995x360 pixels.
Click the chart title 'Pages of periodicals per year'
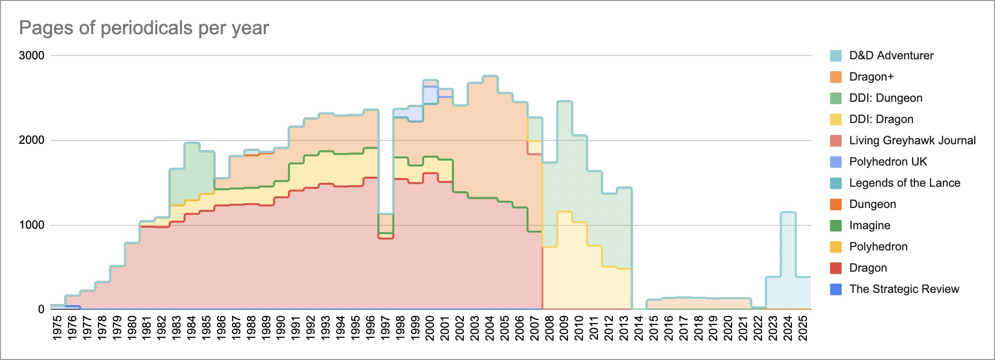tap(144, 28)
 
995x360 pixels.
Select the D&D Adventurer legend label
tap(891, 55)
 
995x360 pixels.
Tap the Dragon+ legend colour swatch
tap(836, 77)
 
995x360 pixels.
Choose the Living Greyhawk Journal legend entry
tap(912, 140)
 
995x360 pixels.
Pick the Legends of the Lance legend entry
tap(904, 183)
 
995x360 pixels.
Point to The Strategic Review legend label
tap(904, 289)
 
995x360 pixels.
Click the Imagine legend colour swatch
tap(836, 225)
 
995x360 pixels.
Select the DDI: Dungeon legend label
tap(885, 98)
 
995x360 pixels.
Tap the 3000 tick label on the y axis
tap(31, 55)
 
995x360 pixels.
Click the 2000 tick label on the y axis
tap(31, 140)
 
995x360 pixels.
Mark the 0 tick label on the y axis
tap(41, 309)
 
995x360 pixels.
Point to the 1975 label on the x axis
tap(57, 328)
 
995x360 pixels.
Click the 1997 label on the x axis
tap(386, 328)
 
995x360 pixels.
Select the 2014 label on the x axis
tap(639, 328)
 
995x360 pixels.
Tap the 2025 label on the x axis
tap(803, 328)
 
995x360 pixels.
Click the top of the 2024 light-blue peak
tap(788, 212)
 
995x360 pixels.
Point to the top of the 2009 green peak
tap(565, 101)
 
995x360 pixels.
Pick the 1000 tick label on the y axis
tap(31, 225)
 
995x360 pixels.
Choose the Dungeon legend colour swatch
tap(836, 204)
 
